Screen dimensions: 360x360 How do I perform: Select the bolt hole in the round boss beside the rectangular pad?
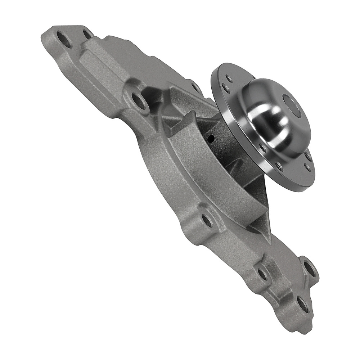click(x=139, y=100)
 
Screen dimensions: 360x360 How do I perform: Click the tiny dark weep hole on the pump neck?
click(x=211, y=138)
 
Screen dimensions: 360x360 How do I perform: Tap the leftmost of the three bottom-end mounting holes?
click(x=262, y=274)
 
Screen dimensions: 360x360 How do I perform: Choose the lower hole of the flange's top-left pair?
click(x=225, y=87)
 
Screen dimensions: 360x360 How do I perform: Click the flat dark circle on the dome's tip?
click(x=292, y=105)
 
